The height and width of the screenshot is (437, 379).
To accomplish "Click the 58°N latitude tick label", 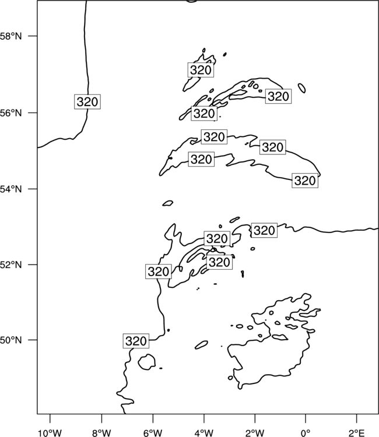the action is pyautogui.click(x=10, y=36).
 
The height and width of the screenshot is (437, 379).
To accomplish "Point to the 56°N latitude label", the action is pyautogui.click(x=10, y=113).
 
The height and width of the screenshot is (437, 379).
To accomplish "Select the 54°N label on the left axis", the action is pyautogui.click(x=10, y=189).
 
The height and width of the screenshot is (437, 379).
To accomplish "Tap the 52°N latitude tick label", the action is pyautogui.click(x=10, y=265).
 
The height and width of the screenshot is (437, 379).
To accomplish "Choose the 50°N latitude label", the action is pyautogui.click(x=10, y=340).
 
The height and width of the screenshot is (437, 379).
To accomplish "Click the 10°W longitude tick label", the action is pyautogui.click(x=50, y=433).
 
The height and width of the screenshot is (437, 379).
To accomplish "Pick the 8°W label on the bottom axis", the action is pyautogui.click(x=101, y=433).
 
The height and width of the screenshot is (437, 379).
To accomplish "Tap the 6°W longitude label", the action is pyautogui.click(x=153, y=433).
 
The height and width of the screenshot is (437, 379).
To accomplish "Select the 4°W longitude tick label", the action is pyautogui.click(x=204, y=433).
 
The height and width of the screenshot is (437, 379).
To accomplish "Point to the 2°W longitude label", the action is pyautogui.click(x=255, y=433).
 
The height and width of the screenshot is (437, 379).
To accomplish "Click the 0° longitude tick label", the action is pyautogui.click(x=306, y=433).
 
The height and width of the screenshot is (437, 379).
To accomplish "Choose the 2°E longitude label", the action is pyautogui.click(x=357, y=433).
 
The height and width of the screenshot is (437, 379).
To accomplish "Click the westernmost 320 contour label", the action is pyautogui.click(x=87, y=102).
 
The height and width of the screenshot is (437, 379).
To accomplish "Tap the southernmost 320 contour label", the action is pyautogui.click(x=136, y=341).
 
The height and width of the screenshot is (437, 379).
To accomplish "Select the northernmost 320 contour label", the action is pyautogui.click(x=201, y=70).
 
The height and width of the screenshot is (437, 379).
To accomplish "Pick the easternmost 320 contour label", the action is pyautogui.click(x=305, y=180).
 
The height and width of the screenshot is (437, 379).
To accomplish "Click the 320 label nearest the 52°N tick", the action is pyautogui.click(x=158, y=271).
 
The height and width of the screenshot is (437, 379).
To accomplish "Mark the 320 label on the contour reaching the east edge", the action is pyautogui.click(x=264, y=230).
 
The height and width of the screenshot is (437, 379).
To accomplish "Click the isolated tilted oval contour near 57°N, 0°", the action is pyautogui.click(x=301, y=88).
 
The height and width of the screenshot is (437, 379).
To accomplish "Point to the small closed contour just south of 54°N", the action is pyautogui.click(x=167, y=203).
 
